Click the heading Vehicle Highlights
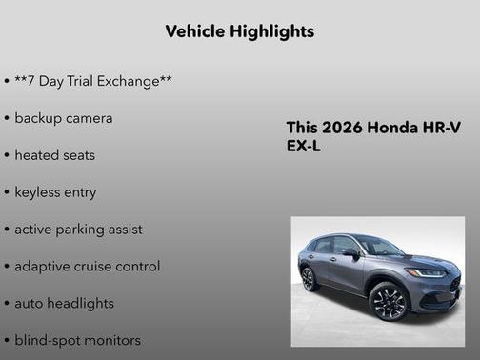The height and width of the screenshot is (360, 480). [x=240, y=31]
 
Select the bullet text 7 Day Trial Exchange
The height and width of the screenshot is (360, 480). [x=93, y=82]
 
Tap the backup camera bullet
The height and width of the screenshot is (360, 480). [x=63, y=118]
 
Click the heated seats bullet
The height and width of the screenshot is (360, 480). [x=54, y=155]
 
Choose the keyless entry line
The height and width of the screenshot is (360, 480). [x=55, y=191]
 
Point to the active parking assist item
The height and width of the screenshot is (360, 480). [x=78, y=230]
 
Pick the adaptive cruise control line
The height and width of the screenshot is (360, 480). [x=87, y=267]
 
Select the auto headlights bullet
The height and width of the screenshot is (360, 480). [x=64, y=303]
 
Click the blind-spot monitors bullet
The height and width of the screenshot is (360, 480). [x=77, y=340]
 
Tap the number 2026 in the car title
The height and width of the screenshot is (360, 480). [x=342, y=128]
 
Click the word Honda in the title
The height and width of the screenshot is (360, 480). [x=392, y=128]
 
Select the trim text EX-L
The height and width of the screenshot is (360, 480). [x=304, y=148]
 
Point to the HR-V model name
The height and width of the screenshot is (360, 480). [x=441, y=128]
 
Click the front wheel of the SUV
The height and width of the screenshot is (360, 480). [x=389, y=302]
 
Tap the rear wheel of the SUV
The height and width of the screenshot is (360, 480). [x=310, y=278]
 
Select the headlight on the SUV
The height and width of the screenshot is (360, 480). [x=426, y=272]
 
